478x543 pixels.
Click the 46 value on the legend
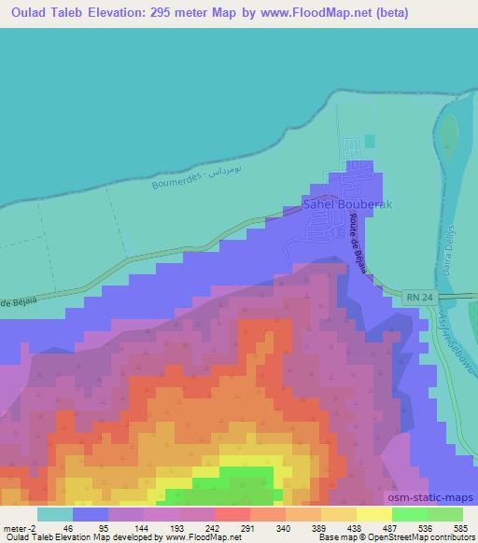point(68,527)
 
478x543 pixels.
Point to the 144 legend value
point(140,527)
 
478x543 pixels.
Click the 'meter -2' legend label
point(21,527)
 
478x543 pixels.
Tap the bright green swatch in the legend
point(409,514)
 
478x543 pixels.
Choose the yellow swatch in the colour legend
point(373,514)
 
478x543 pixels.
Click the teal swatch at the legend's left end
point(55,514)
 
